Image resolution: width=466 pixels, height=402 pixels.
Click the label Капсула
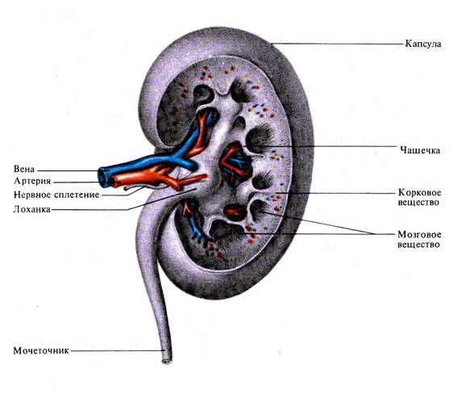[423, 44]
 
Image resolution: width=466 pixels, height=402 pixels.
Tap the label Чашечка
[420, 149]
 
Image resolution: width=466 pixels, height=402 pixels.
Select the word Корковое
[419, 192]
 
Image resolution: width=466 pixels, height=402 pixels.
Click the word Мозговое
[419, 234]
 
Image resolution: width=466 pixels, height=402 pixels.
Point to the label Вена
[24, 169]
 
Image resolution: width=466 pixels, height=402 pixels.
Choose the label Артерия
[32, 181]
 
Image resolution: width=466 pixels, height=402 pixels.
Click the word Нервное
[32, 195]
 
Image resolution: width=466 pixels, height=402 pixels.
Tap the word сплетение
[77, 195]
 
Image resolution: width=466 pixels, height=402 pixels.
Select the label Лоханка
[31, 209]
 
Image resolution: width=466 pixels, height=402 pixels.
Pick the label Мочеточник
[41, 350]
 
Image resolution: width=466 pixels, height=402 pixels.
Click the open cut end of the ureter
[167, 362]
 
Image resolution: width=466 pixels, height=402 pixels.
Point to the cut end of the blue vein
[104, 178]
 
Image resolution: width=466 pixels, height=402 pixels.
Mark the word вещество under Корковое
[418, 203]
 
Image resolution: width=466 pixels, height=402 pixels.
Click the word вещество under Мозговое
[418, 245]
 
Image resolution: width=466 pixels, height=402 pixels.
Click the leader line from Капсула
[338, 44]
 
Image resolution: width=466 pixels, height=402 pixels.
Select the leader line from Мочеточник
[118, 350]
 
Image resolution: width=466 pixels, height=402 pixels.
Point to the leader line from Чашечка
[322, 146]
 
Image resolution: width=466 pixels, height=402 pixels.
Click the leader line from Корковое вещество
[336, 193]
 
